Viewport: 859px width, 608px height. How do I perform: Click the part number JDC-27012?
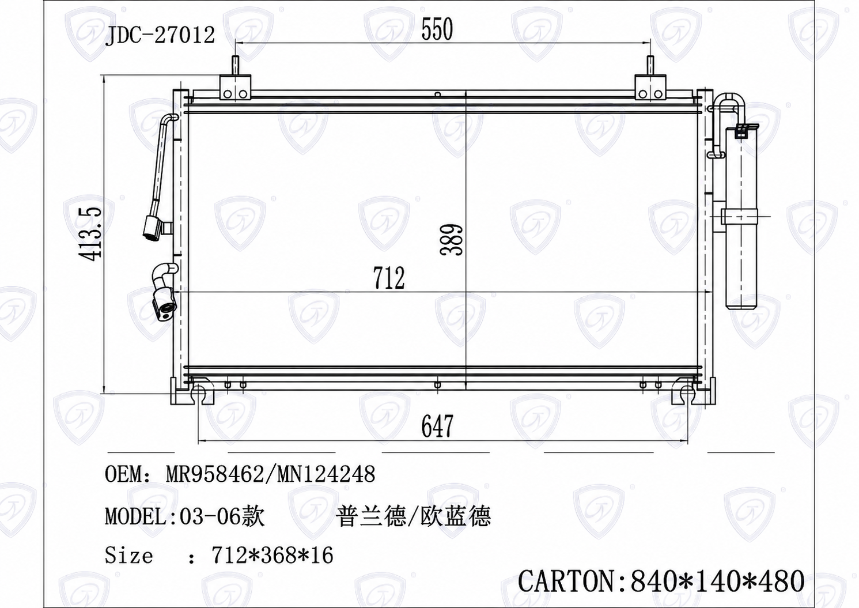tap(160, 36)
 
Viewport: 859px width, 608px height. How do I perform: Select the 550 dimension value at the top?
tap(437, 29)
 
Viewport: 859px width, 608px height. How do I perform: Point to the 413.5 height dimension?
tap(90, 235)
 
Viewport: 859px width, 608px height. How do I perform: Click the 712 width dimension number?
tap(389, 278)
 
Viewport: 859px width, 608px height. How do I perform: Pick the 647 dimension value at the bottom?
tap(437, 426)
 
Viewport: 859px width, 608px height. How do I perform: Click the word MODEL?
tap(135, 516)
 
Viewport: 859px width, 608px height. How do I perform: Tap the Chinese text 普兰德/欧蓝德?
tap(414, 516)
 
